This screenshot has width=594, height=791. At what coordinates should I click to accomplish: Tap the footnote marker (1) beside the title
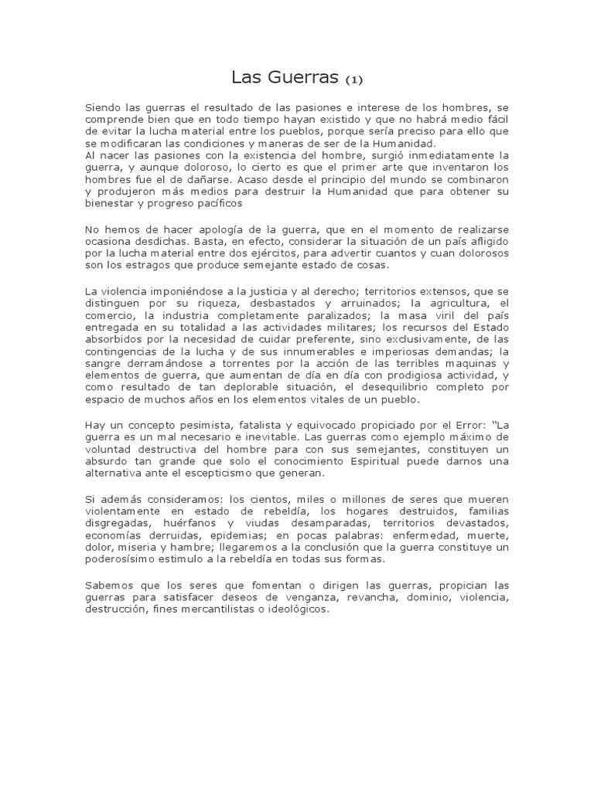coord(353,80)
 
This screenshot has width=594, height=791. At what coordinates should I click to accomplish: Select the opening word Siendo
coord(102,107)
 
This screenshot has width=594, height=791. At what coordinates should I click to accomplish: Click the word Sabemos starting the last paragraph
coord(108,586)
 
